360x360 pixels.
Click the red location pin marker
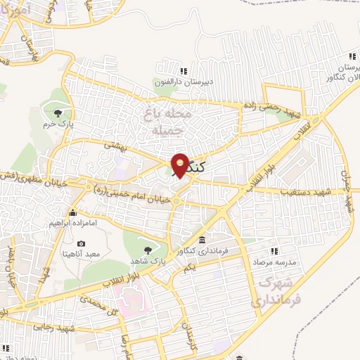180,165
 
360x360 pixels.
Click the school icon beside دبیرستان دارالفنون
184,71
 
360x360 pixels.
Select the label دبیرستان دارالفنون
183,82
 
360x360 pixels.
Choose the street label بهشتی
114,143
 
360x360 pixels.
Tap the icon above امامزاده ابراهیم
72,212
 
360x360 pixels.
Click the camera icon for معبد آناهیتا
81,243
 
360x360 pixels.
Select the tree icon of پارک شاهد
148,249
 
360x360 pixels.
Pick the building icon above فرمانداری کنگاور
202,240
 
